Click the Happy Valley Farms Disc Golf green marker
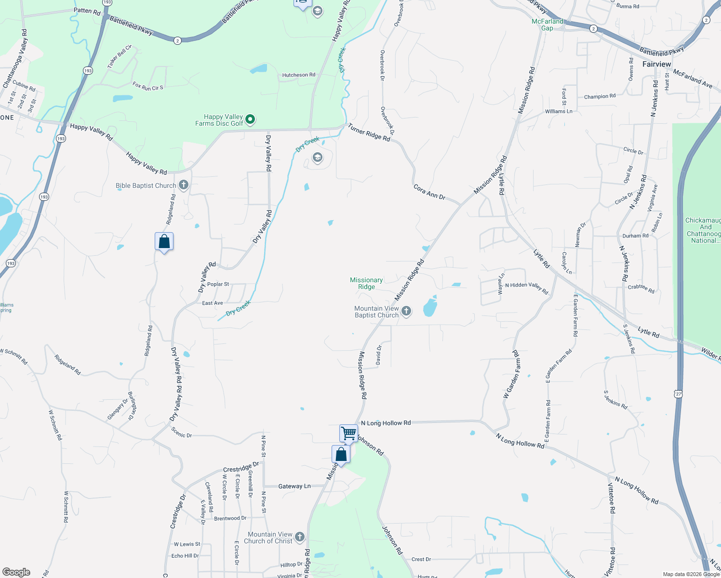(250, 119)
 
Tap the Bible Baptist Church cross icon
(183, 185)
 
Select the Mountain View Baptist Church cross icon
(406, 311)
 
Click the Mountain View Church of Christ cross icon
(300, 537)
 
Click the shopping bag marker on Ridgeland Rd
(164, 241)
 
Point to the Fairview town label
(656, 64)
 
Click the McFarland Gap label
(547, 25)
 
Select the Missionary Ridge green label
(366, 283)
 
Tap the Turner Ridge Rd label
(369, 132)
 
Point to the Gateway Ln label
(294, 486)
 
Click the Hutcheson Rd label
(299, 75)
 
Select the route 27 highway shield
(678, 394)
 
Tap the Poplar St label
(218, 284)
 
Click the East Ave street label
(213, 303)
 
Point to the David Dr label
(379, 355)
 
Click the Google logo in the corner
(16, 572)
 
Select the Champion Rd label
(600, 96)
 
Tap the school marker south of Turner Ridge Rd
(317, 158)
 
